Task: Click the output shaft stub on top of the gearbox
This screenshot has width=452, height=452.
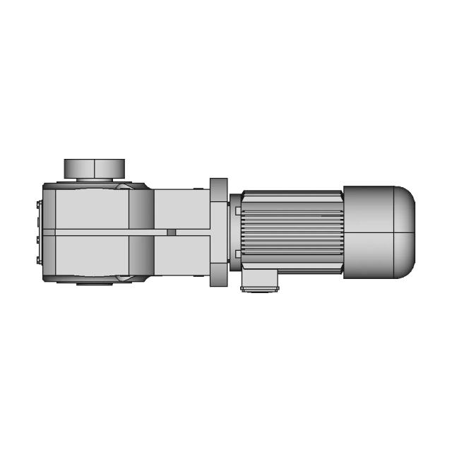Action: click(95, 169)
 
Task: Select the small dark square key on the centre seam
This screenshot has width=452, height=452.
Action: click(171, 232)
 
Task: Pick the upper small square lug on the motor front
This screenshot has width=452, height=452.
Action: click(237, 210)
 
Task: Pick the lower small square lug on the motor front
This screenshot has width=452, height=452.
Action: click(237, 254)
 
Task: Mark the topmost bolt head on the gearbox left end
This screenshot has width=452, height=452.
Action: click(37, 206)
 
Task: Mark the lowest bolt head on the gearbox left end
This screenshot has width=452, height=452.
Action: click(37, 258)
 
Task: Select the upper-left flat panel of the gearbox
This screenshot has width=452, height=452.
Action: click(85, 208)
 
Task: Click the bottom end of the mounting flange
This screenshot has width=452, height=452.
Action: click(219, 279)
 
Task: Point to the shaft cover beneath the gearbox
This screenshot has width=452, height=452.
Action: click(95, 283)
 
